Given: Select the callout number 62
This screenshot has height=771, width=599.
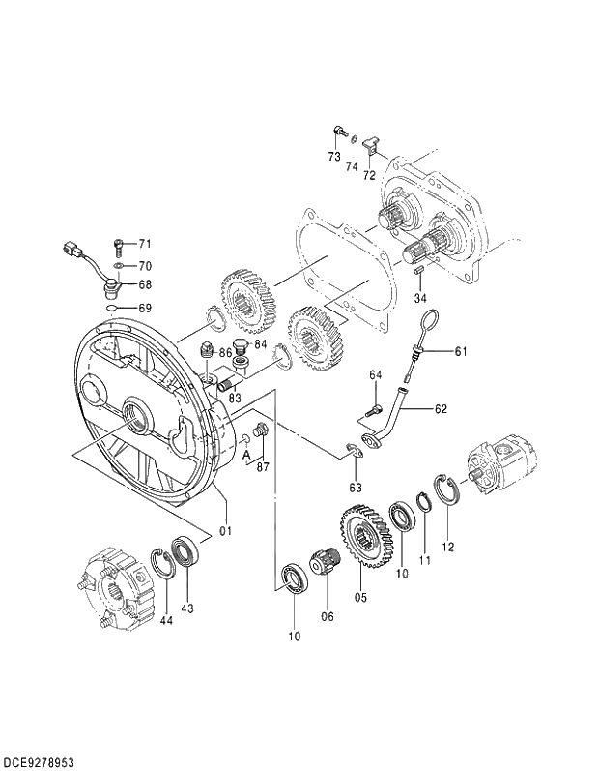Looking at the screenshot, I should coord(441,409).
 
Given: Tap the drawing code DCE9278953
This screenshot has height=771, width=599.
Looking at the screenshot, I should coord(40,759).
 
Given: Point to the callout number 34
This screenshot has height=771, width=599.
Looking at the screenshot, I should coord(419,297).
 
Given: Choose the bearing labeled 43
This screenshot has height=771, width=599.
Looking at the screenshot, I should coord(185,555).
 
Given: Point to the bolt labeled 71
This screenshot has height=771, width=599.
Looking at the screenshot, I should coord(118,243).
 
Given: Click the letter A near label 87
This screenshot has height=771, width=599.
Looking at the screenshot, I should coord(246,453).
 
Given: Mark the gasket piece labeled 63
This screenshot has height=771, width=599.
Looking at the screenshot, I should coord(352,449).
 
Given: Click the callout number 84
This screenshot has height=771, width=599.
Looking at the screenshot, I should coord(259,343).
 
